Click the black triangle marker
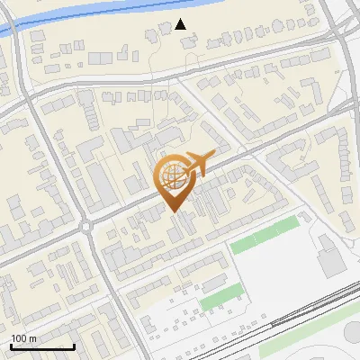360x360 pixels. [181, 24]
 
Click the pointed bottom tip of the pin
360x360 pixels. [173, 211]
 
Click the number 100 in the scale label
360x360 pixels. [19, 338]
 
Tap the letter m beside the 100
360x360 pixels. [33, 338]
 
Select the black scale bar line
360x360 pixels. [42, 346]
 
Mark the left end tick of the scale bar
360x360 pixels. [11, 345]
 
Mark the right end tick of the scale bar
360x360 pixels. [74, 345]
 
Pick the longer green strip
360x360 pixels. [263, 236]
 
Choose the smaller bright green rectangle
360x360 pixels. [220, 299]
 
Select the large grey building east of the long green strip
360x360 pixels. [328, 256]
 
